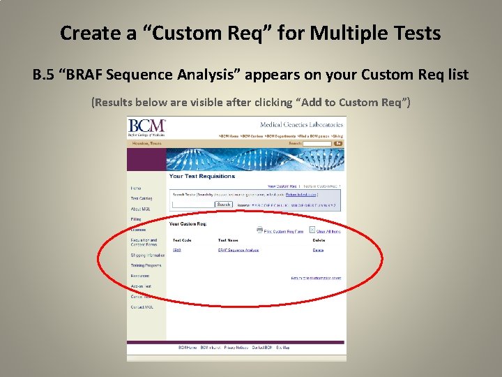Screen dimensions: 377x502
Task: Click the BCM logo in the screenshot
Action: point(146,126)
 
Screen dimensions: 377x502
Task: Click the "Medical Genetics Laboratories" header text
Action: point(302,124)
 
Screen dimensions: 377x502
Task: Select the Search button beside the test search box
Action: point(223,205)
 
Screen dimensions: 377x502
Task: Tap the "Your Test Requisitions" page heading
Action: point(196,176)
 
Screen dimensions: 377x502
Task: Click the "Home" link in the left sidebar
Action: point(135,188)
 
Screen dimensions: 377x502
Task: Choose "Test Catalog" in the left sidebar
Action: point(140,198)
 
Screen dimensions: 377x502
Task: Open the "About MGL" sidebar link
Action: point(139,209)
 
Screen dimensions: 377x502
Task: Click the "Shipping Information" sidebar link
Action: point(148,255)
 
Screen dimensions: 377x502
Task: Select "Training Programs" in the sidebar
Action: point(146,265)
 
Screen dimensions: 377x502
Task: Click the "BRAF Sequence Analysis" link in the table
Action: point(238,250)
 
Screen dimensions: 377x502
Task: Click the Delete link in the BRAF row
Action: point(318,250)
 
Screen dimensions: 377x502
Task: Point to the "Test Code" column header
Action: point(182,240)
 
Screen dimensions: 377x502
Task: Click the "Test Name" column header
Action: point(228,240)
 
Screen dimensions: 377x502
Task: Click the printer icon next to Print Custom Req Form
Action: point(259,230)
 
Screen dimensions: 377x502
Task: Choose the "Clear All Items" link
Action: point(328,231)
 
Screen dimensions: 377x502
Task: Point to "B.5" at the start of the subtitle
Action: point(43,74)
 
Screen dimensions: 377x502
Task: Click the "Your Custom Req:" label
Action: point(188,224)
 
